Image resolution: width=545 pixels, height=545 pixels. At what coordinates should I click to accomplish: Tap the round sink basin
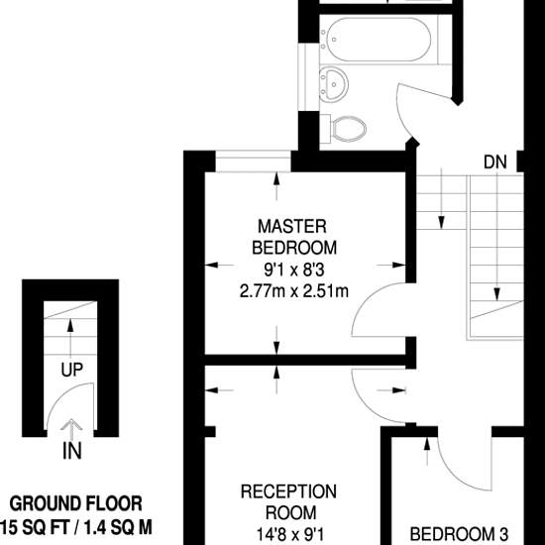[x=334, y=84]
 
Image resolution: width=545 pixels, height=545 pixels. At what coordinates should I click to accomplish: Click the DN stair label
[x=494, y=162]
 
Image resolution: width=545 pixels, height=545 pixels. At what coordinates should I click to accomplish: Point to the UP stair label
[x=72, y=370]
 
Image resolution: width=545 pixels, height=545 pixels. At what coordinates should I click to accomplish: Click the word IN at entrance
[x=72, y=451]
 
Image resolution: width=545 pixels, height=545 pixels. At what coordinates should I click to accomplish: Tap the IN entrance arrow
[x=71, y=428]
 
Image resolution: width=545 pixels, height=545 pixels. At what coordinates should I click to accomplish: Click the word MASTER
[x=292, y=226]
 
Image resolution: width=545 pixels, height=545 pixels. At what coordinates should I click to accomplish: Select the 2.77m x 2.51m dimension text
[x=293, y=291]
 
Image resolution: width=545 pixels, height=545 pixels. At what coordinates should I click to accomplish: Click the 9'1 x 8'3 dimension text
[x=294, y=270]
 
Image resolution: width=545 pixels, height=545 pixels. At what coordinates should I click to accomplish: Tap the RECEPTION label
[x=288, y=491]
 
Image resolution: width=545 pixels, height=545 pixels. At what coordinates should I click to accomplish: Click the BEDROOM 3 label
[x=459, y=534]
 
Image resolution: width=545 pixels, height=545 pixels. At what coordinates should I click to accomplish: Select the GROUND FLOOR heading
[x=75, y=503]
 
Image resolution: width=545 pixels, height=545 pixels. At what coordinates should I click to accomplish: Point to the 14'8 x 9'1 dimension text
[x=290, y=534]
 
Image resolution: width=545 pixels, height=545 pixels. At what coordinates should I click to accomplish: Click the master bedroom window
[x=253, y=161]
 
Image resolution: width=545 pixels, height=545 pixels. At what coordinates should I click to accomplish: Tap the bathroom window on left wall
[x=308, y=76]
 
